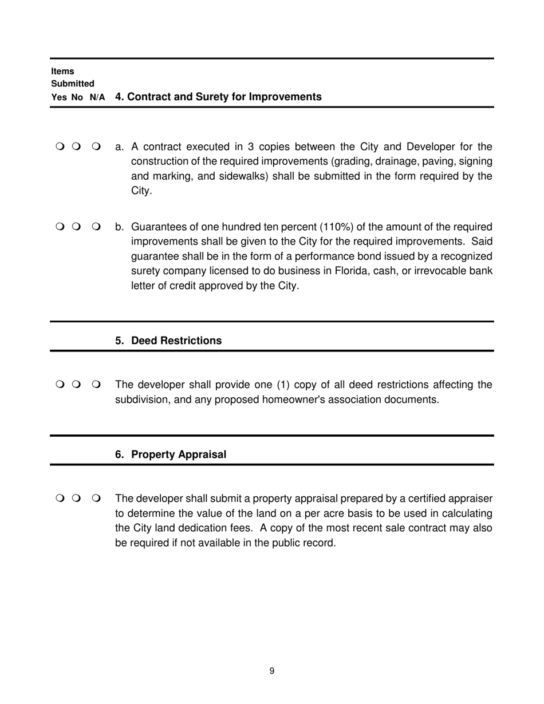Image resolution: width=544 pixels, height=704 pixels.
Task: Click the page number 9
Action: coord(271,671)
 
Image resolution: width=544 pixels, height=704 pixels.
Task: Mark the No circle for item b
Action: coord(76,227)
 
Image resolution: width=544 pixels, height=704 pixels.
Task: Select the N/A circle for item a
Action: coord(96,147)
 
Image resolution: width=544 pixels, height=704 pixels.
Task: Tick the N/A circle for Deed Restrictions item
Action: coord(96,384)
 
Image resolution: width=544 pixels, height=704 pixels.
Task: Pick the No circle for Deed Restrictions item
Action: coord(76,384)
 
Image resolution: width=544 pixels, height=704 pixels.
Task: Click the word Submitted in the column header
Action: coord(73,84)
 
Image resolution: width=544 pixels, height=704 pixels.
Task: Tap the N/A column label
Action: coord(97,98)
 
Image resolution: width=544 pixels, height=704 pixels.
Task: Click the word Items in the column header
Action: coord(62,72)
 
